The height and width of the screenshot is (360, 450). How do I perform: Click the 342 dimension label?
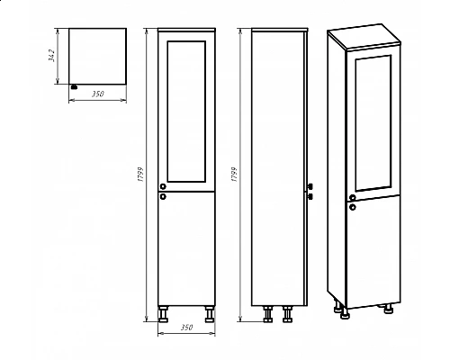pyautogui.click(x=52, y=56)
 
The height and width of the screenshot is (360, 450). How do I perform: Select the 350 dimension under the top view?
pyautogui.click(x=98, y=94)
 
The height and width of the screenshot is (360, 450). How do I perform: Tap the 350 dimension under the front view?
pyautogui.click(x=186, y=328)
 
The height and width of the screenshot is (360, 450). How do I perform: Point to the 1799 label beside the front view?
pyautogui.click(x=140, y=175)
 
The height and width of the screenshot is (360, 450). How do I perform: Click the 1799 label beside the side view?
pyautogui.click(x=234, y=175)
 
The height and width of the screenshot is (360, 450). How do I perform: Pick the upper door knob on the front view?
pyautogui.click(x=163, y=186)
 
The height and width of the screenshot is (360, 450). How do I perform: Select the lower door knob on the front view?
pyautogui.click(x=163, y=197)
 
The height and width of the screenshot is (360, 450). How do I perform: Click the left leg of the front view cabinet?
pyautogui.click(x=163, y=314)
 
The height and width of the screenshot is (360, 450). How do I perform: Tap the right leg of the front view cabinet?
pyautogui.click(x=210, y=314)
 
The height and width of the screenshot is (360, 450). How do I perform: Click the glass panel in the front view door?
pyautogui.click(x=186, y=112)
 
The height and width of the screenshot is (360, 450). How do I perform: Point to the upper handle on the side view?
pyautogui.click(x=310, y=186)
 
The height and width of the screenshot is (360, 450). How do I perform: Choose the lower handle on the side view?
pyautogui.click(x=310, y=197)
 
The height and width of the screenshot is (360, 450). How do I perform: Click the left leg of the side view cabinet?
pyautogui.click(x=268, y=314)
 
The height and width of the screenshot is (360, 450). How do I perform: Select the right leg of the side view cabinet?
pyautogui.click(x=287, y=314)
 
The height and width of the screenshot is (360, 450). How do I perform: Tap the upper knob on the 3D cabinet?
pyautogui.click(x=353, y=197)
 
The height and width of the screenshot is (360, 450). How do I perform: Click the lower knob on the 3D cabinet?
pyautogui.click(x=353, y=207)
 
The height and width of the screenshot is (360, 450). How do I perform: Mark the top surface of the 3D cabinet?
pyautogui.click(x=364, y=35)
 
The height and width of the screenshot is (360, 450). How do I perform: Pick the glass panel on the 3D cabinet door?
pyautogui.click(x=373, y=123)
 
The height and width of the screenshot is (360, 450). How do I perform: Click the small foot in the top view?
pyautogui.click(x=74, y=87)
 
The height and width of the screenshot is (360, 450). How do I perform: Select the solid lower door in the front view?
pyautogui.click(x=186, y=248)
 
